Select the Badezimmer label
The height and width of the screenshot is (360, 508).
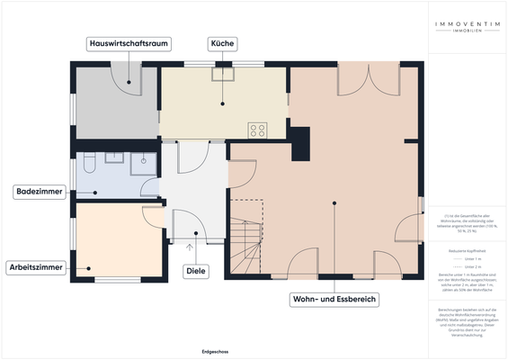pyautogui.click(x=37, y=192)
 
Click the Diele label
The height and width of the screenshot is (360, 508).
pyautogui.click(x=195, y=270)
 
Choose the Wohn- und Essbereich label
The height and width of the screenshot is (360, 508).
pyautogui.click(x=334, y=298)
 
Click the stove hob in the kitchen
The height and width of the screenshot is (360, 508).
pyautogui.click(x=257, y=130)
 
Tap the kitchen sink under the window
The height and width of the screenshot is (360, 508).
pyautogui.click(x=221, y=76)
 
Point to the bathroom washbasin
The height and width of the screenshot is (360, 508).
pyautogui.click(x=114, y=158)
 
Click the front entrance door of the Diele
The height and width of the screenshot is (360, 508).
pyautogui.click(x=191, y=225)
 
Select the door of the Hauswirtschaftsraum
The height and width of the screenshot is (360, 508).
pyautogui.click(x=125, y=78)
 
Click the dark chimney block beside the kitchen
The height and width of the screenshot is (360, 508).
pyautogui.click(x=300, y=139)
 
